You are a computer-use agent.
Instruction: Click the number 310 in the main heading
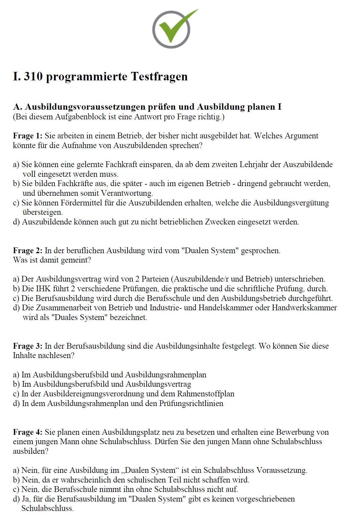(33, 76)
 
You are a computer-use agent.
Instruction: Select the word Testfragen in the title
(159, 76)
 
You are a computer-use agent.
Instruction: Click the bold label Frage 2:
(28, 250)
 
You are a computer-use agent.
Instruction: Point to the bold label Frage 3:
(28, 346)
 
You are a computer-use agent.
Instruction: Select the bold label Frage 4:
(28, 432)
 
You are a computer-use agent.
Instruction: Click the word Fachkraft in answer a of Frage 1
(121, 165)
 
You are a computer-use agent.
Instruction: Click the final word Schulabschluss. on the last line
(47, 508)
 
